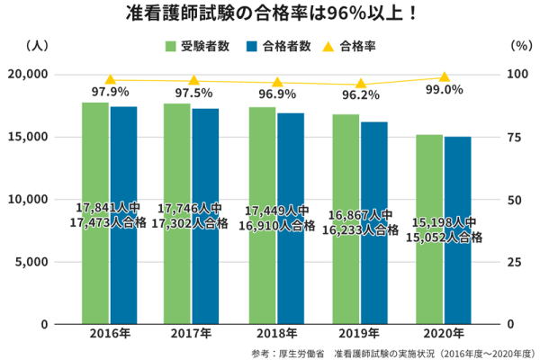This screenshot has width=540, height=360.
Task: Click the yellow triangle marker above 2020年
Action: click(444, 77)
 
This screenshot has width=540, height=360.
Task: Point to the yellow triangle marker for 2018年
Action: click(277, 82)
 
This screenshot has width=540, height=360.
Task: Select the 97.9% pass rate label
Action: click(110, 92)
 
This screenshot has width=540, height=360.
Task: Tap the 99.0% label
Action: click(444, 90)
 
